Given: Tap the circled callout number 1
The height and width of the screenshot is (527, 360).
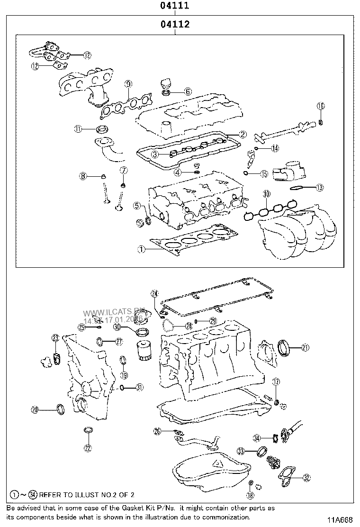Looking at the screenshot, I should tap(141, 248).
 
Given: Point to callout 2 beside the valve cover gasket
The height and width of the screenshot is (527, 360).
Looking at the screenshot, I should tap(242, 135).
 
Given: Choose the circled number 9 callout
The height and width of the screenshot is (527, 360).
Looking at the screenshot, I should tap(128, 84).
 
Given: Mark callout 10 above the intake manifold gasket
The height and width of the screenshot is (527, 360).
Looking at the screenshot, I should tap(267, 194).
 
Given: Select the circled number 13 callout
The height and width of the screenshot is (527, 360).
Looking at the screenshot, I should tap(320, 188).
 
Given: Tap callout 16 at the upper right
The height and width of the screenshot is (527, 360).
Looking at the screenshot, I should tap(321, 106).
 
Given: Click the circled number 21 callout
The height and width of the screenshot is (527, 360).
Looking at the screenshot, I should tap(305, 348).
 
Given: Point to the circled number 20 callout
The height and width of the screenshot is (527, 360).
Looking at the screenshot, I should tap(35, 409).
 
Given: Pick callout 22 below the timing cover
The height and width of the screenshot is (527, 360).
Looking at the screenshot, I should tap(88, 447).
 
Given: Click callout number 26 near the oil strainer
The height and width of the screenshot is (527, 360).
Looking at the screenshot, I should tap(158, 431).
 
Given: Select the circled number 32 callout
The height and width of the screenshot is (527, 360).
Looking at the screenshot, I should tap(306, 477).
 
